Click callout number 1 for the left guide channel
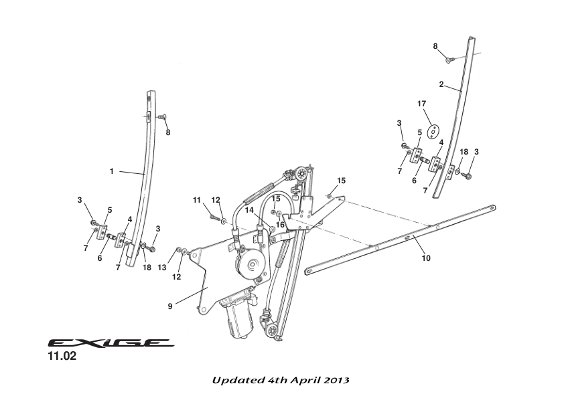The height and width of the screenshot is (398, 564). point(112,172)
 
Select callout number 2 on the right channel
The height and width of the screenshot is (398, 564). point(441,85)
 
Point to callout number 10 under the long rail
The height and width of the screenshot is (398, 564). point(426,259)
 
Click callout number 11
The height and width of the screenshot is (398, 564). point(198,200)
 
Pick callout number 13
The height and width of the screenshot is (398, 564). point(162,268)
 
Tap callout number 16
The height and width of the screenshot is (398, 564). point(281,225)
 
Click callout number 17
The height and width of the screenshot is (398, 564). point(422,104)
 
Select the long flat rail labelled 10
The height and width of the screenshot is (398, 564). point(402,238)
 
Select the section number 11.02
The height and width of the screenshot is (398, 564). point(61,357)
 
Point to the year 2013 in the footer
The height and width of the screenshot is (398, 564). point(335,380)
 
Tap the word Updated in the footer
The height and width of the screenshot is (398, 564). point(236,380)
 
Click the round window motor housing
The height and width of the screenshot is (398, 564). point(252,265)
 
